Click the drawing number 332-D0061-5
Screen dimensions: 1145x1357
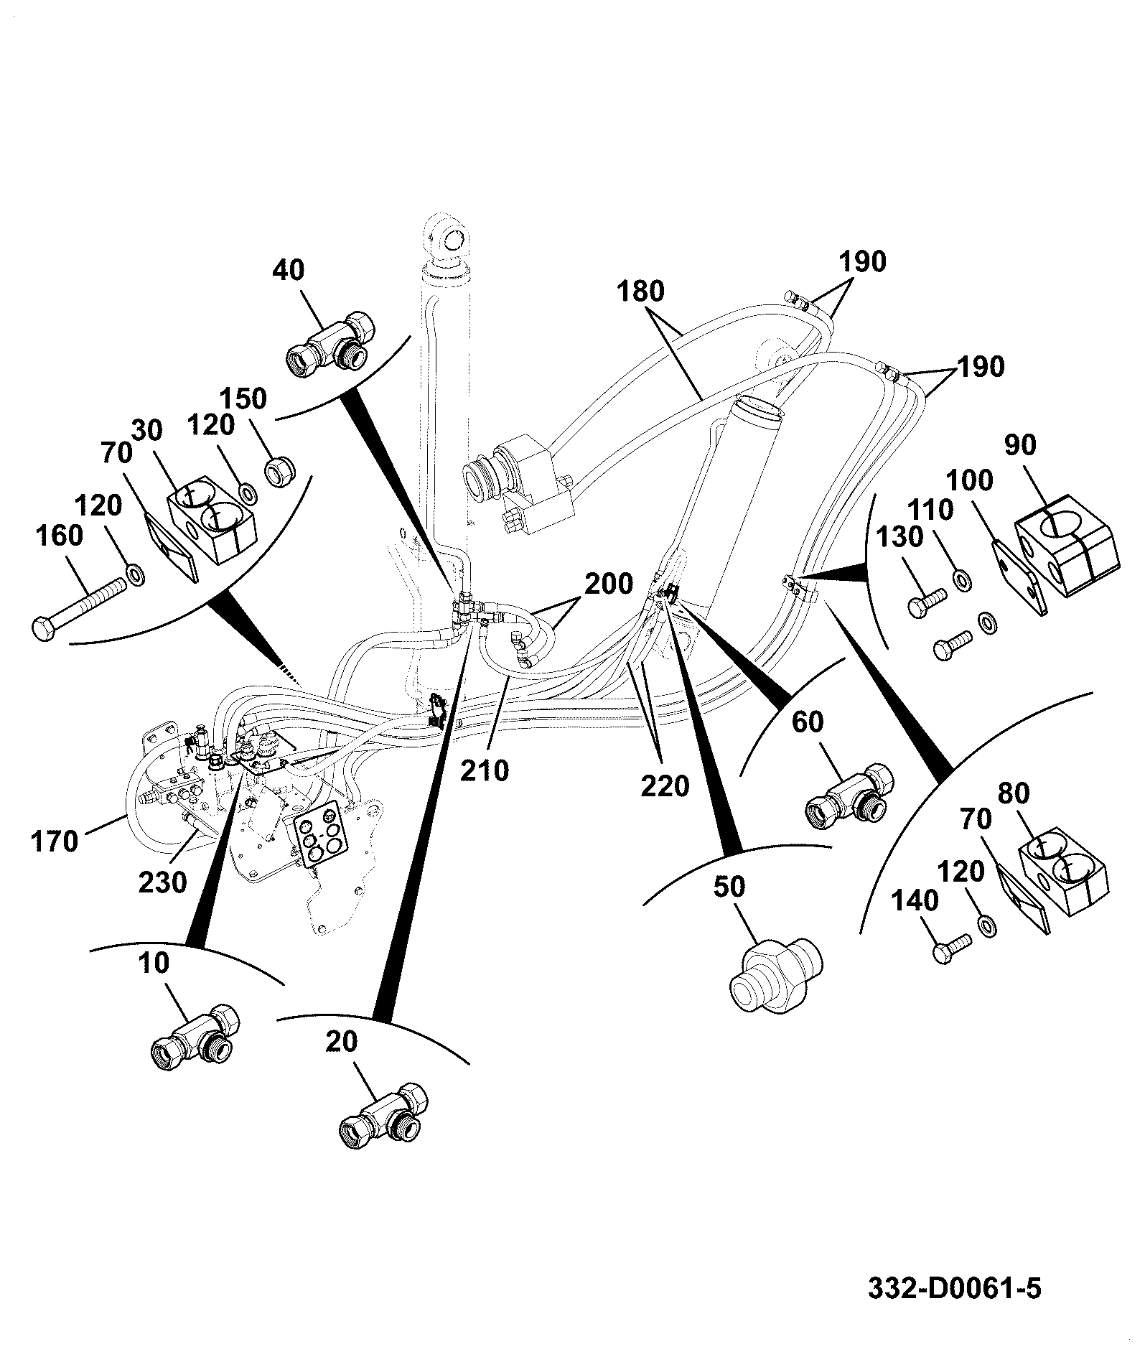click(954, 1288)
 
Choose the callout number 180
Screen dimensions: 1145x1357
click(641, 292)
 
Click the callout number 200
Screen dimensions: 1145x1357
click(609, 582)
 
